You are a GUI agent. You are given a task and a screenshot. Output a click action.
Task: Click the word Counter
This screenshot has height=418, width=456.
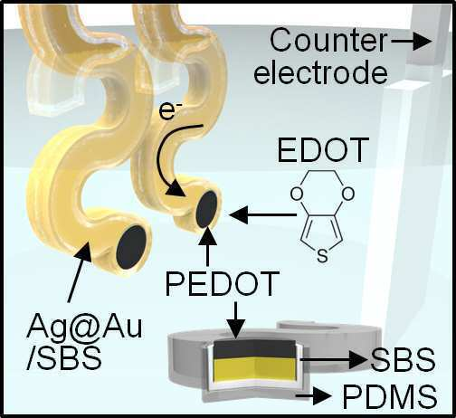[328, 40]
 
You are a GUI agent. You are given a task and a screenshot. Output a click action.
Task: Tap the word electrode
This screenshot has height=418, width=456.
[320, 72]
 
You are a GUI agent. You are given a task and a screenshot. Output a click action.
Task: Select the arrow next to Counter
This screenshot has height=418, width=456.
[412, 41]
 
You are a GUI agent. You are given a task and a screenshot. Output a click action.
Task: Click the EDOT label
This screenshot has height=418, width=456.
[323, 150]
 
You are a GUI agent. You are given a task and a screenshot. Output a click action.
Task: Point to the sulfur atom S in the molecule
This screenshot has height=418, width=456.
[322, 256]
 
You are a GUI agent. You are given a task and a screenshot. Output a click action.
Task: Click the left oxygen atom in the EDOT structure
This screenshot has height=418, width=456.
[297, 194]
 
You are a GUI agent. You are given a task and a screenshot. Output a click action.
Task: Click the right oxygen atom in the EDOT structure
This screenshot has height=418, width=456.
[348, 194]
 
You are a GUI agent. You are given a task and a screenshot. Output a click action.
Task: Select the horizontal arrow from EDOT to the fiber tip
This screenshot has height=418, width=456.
[262, 214]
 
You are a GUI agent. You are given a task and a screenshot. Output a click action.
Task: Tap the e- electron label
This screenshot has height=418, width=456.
[166, 111]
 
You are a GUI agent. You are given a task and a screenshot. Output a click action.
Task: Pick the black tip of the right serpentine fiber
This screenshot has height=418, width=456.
[207, 209]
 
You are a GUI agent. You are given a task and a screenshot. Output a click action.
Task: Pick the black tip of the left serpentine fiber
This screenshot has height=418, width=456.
[131, 247]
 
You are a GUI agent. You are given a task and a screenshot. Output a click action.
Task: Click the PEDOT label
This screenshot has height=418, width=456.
[222, 283]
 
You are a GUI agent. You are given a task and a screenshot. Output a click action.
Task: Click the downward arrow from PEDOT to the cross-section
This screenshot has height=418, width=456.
[235, 319]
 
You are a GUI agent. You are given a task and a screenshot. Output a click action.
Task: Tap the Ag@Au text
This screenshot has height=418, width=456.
[84, 327]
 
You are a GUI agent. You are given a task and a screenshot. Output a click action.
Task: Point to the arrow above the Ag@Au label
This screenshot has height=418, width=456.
[79, 271]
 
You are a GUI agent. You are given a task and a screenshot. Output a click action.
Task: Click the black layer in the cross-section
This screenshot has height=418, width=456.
[255, 349]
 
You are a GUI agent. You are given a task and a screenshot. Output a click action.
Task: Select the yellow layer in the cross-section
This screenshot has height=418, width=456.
[254, 370]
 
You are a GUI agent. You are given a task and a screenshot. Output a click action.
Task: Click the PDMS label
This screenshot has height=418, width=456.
[390, 396]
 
